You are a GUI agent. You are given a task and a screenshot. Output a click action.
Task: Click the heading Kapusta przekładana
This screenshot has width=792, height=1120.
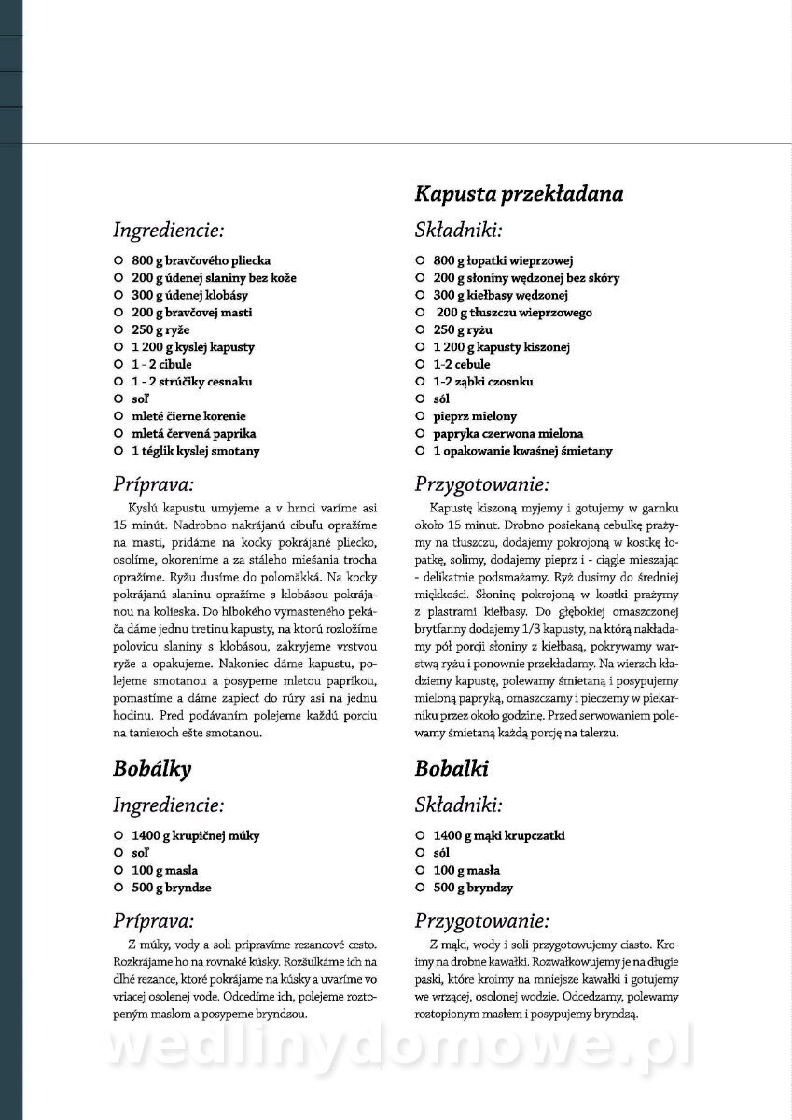(x=519, y=194)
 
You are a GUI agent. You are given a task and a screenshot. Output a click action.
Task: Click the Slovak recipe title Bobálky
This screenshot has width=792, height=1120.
(x=152, y=769)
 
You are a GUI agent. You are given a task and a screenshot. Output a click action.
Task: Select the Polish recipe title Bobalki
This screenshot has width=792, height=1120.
(x=452, y=769)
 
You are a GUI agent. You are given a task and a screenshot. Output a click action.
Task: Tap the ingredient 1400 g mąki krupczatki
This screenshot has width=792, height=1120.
(x=499, y=835)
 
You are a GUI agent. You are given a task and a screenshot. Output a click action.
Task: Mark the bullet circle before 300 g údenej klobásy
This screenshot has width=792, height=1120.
(x=118, y=295)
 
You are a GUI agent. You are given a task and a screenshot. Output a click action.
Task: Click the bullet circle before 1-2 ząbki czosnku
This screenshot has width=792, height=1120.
(x=421, y=382)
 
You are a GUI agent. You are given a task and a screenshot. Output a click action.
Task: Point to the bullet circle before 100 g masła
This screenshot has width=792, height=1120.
(x=421, y=870)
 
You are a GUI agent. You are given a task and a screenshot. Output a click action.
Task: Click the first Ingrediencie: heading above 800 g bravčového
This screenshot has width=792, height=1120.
(x=168, y=230)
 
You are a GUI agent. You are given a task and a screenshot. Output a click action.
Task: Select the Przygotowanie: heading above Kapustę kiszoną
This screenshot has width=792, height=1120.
(x=482, y=484)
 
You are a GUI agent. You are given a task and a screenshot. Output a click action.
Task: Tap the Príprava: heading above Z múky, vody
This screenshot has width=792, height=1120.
(x=153, y=918)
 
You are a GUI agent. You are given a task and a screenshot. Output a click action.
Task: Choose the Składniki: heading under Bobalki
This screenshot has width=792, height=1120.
(x=459, y=805)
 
